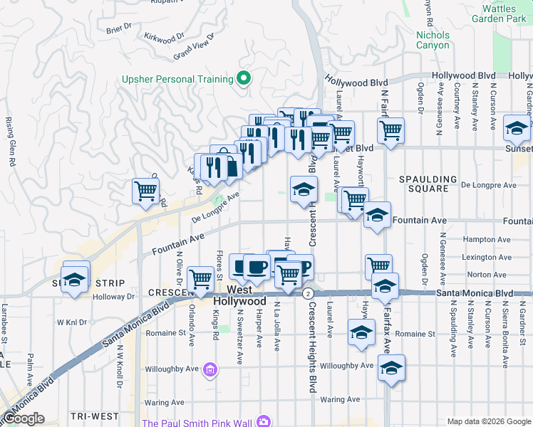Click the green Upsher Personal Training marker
coord(244,79)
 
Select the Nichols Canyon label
coord(433,40)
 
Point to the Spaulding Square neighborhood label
coord(428,184)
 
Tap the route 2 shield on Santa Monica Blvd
coord(308,293)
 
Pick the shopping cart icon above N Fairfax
coord(390,131)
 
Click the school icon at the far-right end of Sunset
coord(515,128)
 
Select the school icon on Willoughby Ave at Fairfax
coord(391,368)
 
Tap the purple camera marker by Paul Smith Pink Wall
coord(264,422)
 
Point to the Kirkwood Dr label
coord(163,35)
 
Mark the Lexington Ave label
coord(487,257)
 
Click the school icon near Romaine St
coord(361,332)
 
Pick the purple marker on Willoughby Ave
coord(210,370)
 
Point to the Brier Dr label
coord(118,28)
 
